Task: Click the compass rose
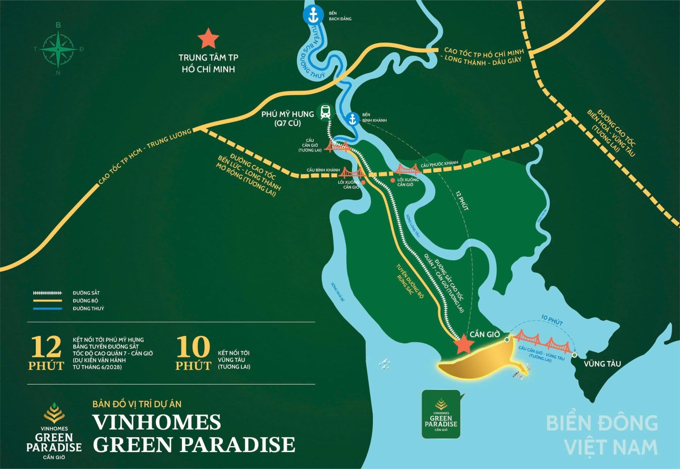pos(58,49)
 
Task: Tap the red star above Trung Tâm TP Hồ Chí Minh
pos(208,39)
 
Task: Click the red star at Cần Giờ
pos(463,344)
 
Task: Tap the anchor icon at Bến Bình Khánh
pos(352,119)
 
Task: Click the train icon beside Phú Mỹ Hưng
pos(325,111)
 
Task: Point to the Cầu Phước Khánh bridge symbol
pos(407,169)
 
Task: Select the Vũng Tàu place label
pos(602,364)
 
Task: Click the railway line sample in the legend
pos(47,293)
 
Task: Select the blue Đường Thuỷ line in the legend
pos(47,309)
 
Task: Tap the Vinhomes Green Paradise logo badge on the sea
pos(441,414)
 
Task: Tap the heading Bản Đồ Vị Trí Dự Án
pos(137,404)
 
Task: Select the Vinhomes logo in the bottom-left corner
pos(54,431)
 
